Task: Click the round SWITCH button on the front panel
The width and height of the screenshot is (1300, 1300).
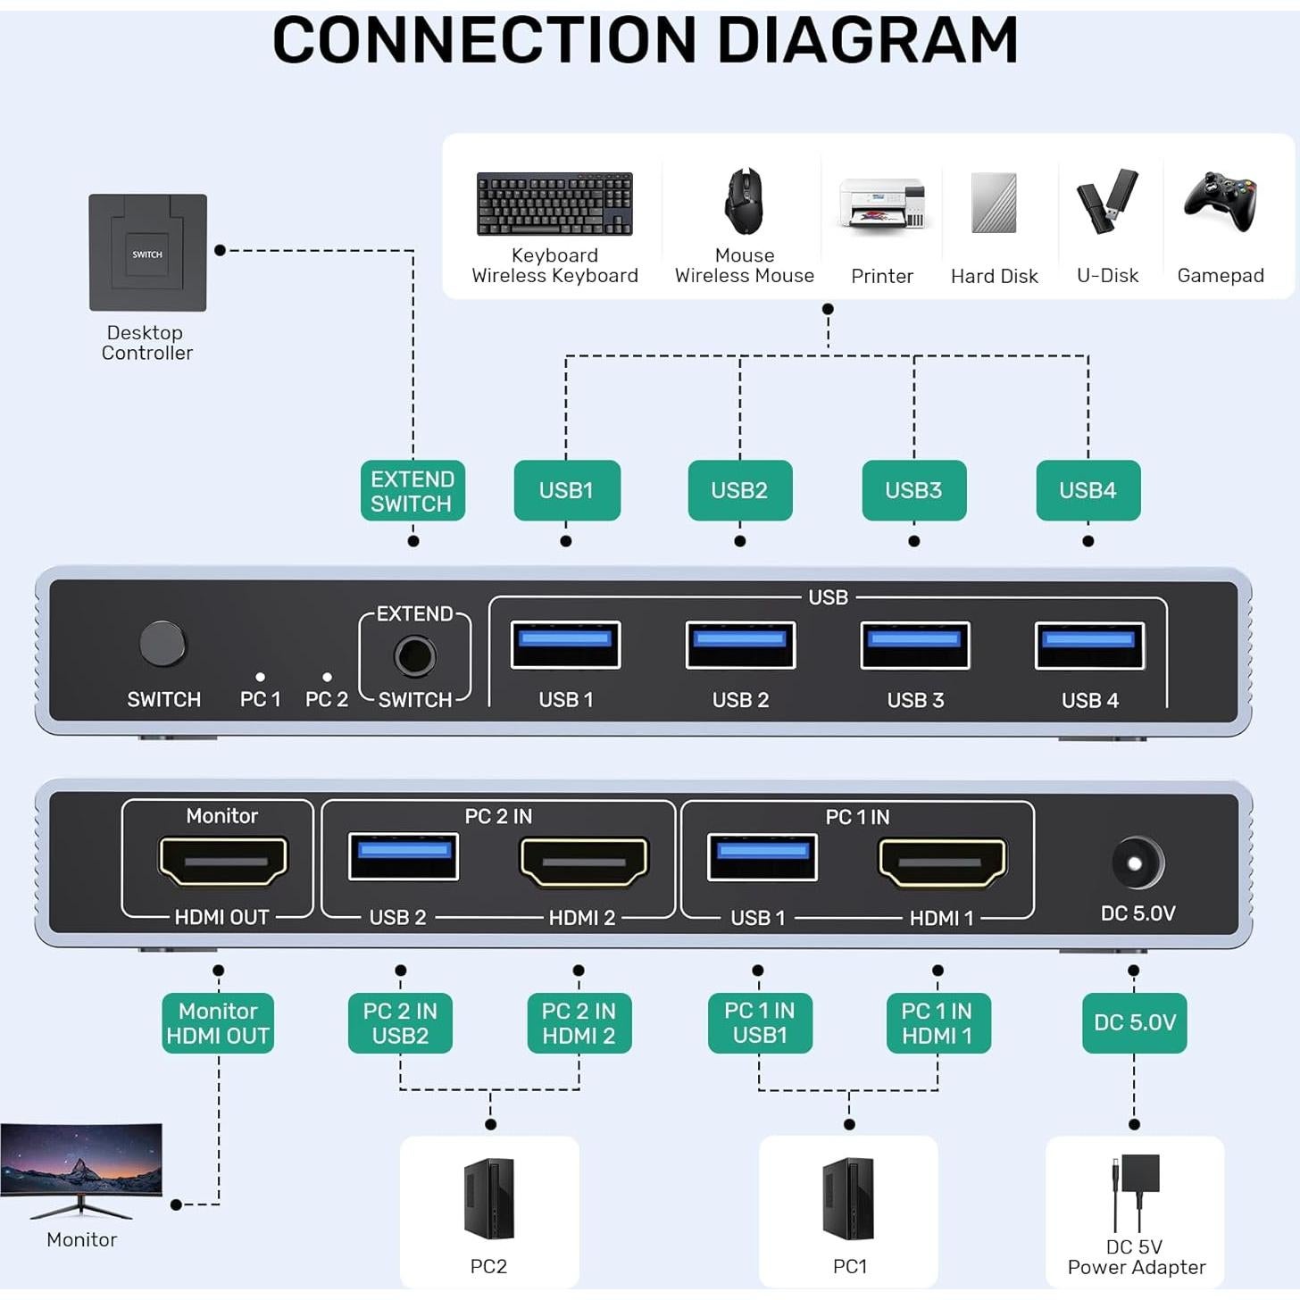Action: tap(162, 643)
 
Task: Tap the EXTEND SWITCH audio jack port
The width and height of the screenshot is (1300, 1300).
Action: tap(414, 657)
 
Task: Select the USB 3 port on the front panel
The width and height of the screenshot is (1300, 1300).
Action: tap(914, 645)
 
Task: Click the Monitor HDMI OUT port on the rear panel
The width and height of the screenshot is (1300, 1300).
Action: tap(222, 861)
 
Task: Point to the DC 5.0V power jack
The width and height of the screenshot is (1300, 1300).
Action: tap(1137, 863)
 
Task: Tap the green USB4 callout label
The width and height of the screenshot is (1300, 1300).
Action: tap(1087, 490)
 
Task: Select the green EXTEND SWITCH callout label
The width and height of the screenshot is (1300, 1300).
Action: tap(412, 490)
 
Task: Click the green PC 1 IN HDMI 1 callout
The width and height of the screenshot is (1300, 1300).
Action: tap(937, 1023)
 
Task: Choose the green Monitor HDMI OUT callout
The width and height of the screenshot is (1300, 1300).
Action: tap(218, 1023)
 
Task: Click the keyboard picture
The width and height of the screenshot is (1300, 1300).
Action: tap(554, 204)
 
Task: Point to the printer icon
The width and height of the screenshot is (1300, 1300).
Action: tap(881, 204)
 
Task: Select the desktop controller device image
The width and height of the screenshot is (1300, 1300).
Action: tap(147, 253)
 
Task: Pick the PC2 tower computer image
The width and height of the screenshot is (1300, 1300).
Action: tap(489, 1198)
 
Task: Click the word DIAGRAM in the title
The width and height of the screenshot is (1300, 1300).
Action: tap(867, 40)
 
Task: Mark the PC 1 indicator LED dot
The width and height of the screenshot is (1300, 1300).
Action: tap(260, 678)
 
